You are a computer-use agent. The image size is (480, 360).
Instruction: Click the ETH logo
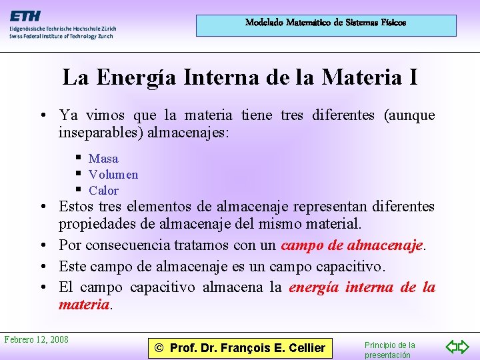[x=24, y=16]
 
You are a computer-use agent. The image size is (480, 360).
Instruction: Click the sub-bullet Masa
[x=103, y=159]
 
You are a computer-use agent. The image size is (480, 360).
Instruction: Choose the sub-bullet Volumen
[x=113, y=175]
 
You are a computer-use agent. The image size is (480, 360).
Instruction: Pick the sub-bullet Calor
[x=103, y=191]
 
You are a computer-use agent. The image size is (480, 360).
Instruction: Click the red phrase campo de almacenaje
[x=352, y=245]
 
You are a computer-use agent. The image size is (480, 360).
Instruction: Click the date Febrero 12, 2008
[x=36, y=340]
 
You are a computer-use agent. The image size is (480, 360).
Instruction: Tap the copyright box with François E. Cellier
[x=240, y=347]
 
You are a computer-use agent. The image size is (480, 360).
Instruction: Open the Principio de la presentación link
[x=390, y=350]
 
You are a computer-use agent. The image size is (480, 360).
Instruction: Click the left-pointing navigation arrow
[x=452, y=347]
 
